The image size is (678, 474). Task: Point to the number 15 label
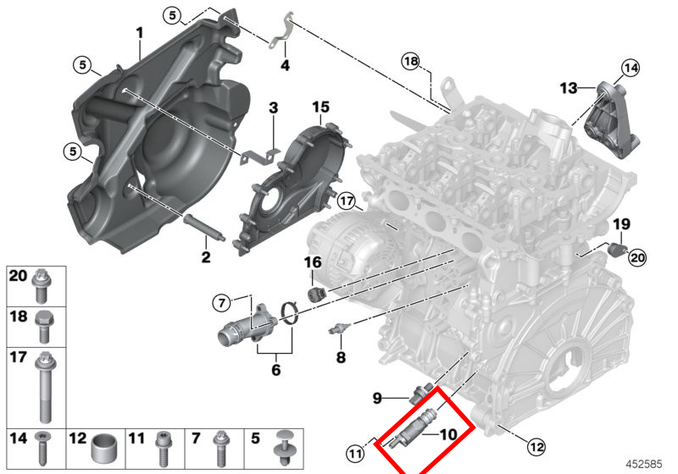point(320,107)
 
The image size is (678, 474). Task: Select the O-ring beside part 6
point(289,315)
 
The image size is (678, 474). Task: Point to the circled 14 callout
point(630,67)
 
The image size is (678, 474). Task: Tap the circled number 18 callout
point(411,61)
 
